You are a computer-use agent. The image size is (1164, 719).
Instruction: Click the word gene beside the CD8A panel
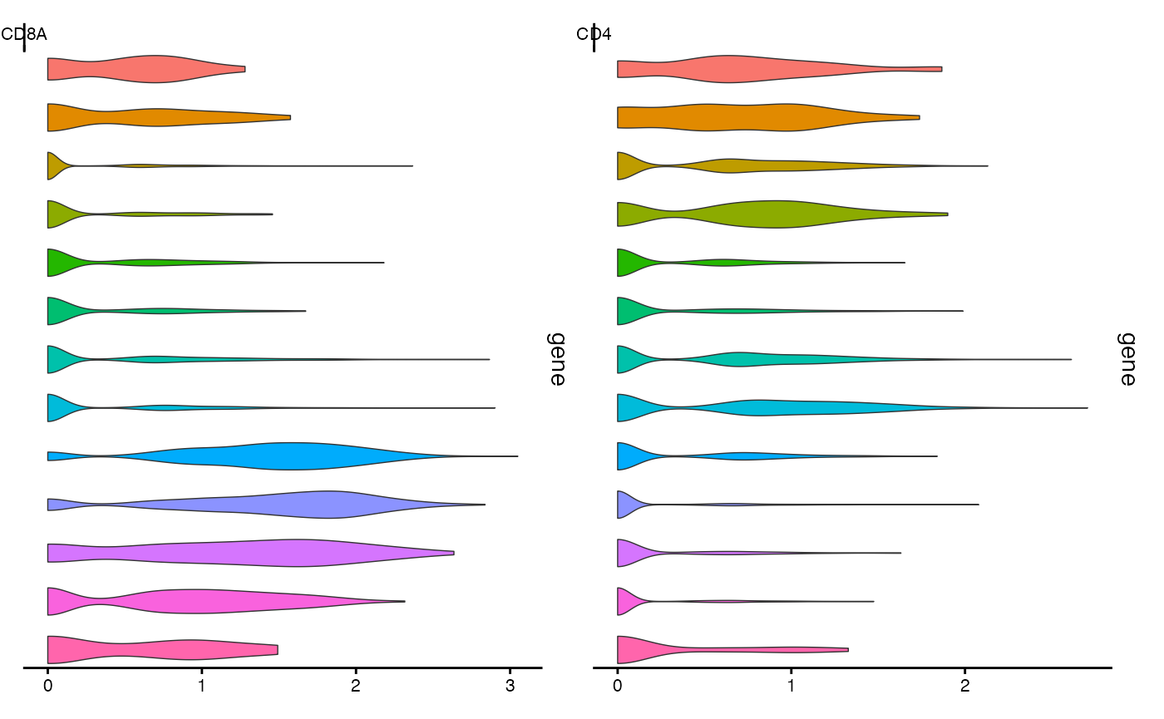coord(556,359)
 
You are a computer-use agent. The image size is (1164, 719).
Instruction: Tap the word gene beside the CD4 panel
coord(1127,359)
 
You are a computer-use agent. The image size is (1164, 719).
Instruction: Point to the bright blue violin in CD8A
coord(291,456)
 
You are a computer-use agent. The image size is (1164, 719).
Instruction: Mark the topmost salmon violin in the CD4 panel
coord(732,69)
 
